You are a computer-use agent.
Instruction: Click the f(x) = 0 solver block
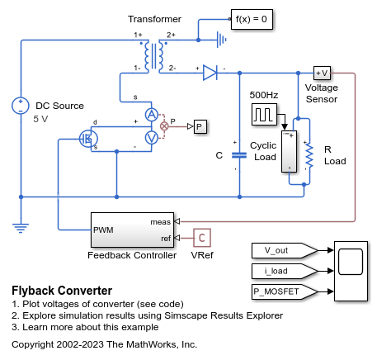tap(252, 19)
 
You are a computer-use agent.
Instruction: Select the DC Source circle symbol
tap(21, 106)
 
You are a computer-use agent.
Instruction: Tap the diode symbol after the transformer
tap(210, 73)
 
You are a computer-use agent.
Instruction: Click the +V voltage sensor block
tap(322, 73)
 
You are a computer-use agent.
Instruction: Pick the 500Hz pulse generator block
tap(264, 114)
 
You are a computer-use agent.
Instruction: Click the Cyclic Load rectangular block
tap(289, 152)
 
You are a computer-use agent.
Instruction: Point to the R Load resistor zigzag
tap(309, 155)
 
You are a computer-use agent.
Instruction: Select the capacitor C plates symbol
tap(239, 155)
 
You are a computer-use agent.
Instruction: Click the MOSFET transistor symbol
tap(88, 139)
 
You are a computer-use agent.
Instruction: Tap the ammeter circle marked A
tap(152, 115)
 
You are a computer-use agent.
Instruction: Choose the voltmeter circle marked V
tap(152, 138)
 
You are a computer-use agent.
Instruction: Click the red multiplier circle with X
tap(164, 126)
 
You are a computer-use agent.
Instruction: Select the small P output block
tap(200, 126)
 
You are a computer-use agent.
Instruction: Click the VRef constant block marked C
tap(202, 238)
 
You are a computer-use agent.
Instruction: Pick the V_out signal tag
tap(285, 250)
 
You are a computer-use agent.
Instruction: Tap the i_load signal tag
tap(285, 271)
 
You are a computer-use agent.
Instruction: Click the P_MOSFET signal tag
tap(285, 291)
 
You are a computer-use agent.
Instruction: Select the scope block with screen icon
tap(351, 271)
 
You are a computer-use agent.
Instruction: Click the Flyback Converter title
tap(62, 291)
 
